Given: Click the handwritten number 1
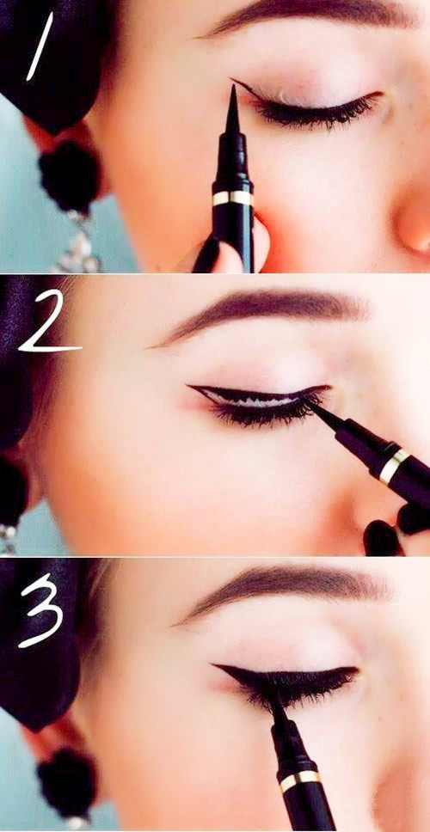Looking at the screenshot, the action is [x=40, y=46].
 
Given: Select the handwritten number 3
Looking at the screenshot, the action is [x=41, y=610].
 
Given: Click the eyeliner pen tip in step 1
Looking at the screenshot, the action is [x=232, y=88].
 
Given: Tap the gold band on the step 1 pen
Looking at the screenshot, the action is [x=232, y=198].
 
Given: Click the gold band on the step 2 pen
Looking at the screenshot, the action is [x=394, y=466].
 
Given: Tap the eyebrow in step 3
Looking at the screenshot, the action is [x=286, y=589].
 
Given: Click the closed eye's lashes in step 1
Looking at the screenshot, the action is [x=318, y=112].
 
